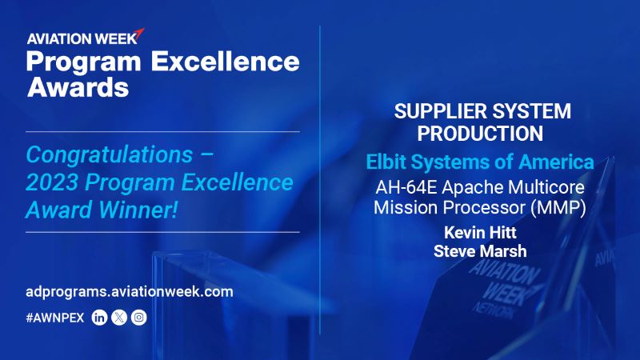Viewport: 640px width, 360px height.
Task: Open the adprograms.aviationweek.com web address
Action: pos(130,291)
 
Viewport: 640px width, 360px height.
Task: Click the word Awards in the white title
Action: pos(77,88)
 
